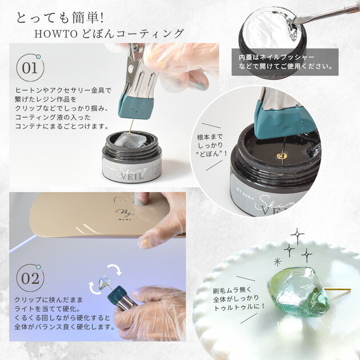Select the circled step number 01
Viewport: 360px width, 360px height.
(29, 69)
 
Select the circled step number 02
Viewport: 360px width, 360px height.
(29, 280)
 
